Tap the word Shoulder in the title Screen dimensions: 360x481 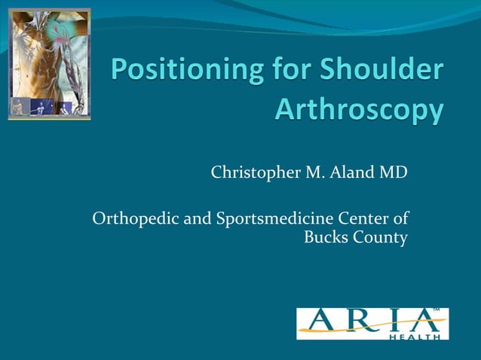tap(383, 71)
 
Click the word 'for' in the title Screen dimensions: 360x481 tap(290, 71)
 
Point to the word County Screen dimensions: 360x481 tap(381, 239)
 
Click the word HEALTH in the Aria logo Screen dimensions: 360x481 tap(415, 337)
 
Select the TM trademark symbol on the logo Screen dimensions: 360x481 tap(437, 310)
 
